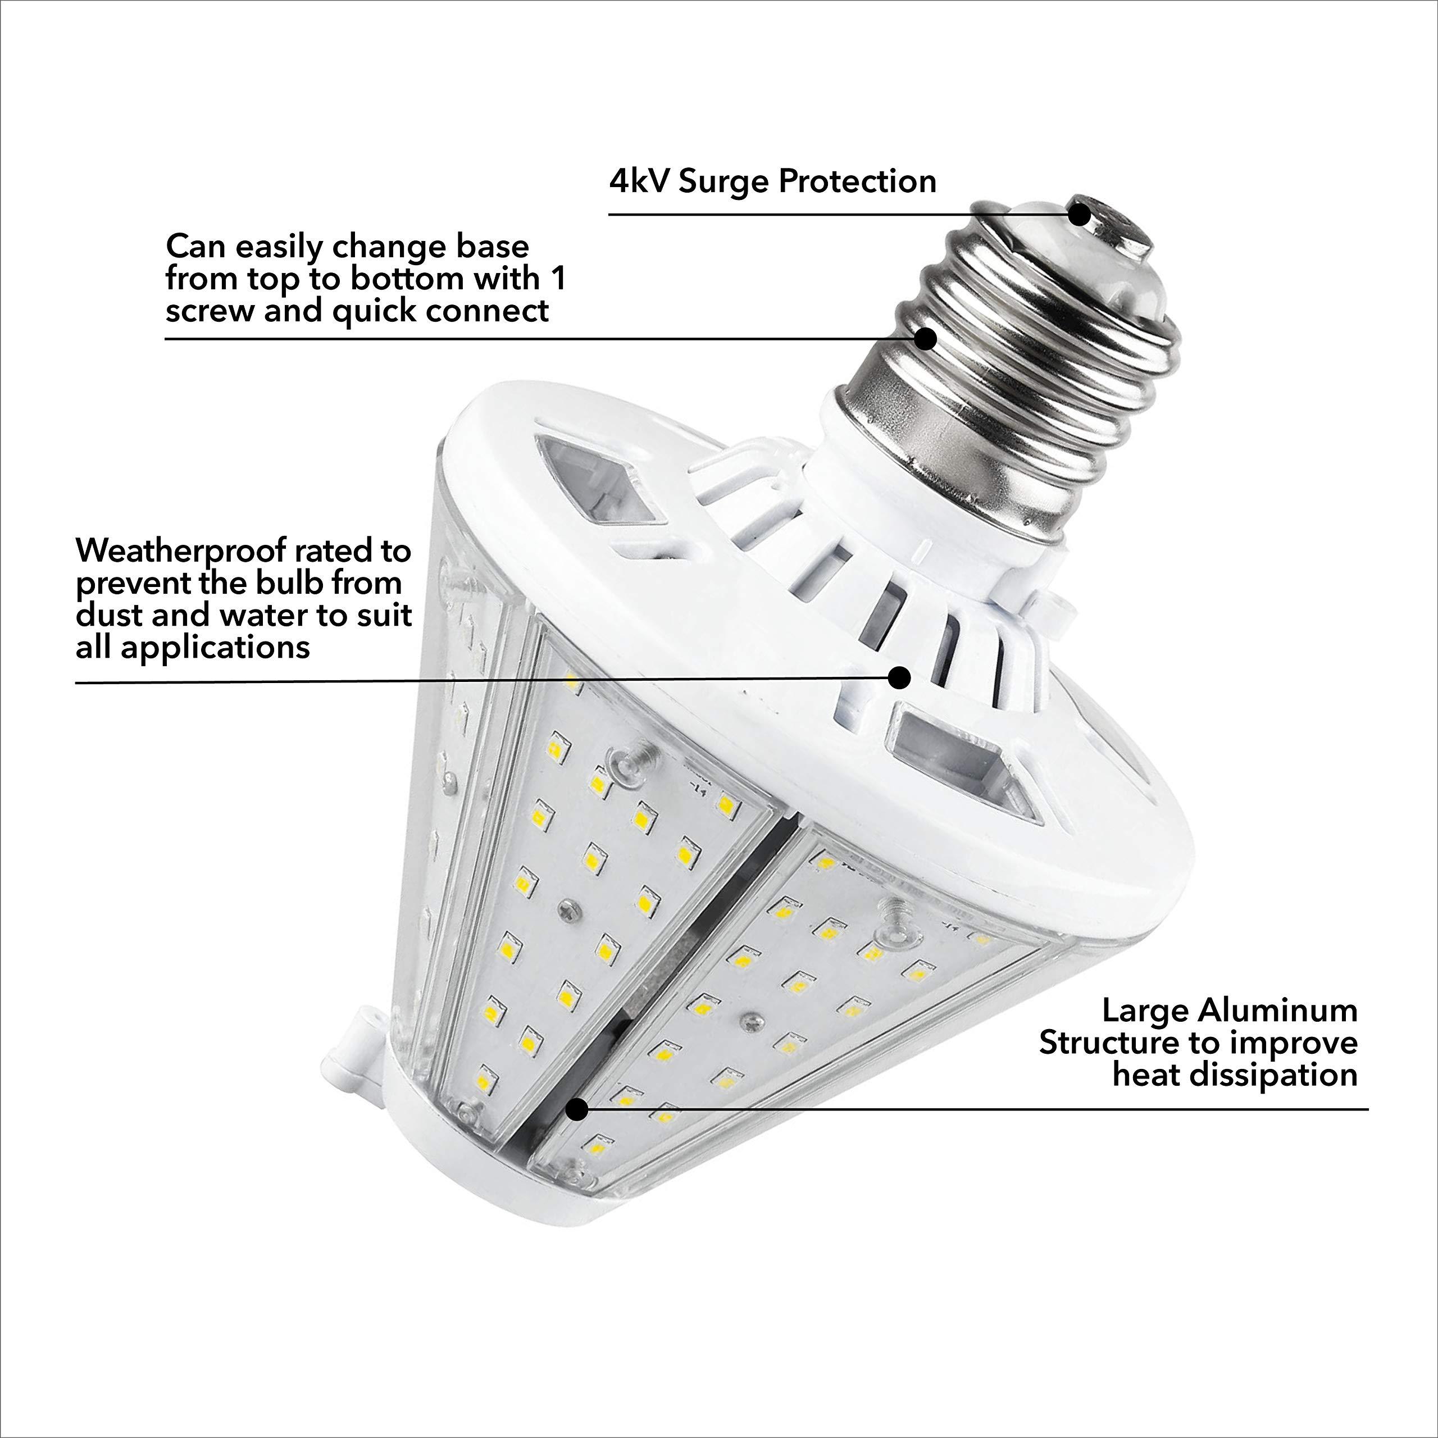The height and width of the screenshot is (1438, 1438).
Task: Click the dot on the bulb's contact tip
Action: [x=1078, y=215]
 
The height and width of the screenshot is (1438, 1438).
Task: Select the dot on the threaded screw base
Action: [x=925, y=339]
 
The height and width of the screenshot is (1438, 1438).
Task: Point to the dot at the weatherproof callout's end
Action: [x=900, y=677]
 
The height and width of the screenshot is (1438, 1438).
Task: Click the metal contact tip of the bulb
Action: [x=1117, y=224]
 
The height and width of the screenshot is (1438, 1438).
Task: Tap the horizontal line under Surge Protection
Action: [x=819, y=215]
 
